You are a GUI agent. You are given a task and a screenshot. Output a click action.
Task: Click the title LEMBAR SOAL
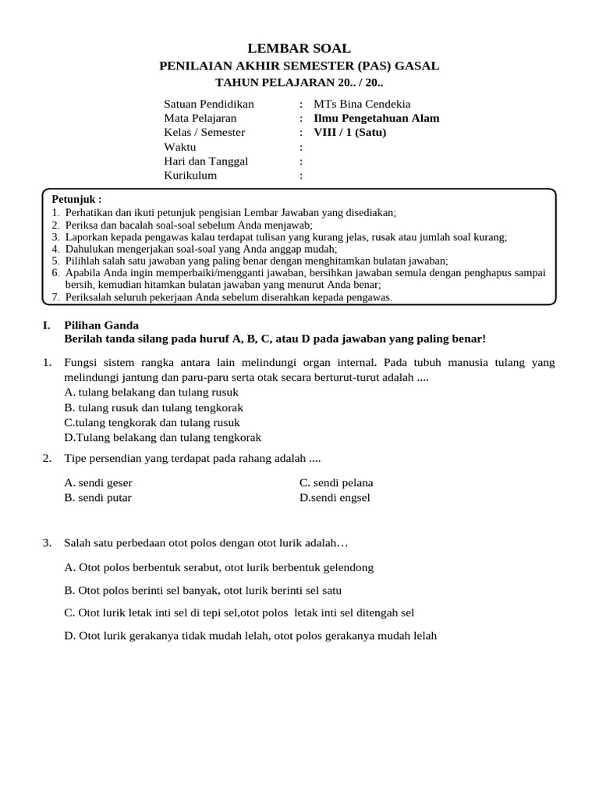tap(299, 48)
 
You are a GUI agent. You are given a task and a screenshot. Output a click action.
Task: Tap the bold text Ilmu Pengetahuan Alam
tap(376, 118)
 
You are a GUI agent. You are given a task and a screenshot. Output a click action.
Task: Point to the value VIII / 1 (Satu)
tap(349, 132)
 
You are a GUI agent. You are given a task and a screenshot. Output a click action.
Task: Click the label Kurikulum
tap(190, 176)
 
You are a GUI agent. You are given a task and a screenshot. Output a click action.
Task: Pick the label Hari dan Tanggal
tap(206, 161)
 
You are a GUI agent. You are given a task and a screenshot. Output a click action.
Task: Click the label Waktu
tap(180, 147)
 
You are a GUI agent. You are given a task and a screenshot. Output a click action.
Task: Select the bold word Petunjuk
tap(76, 200)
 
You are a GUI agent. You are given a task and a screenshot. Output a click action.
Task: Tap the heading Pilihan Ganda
tap(101, 325)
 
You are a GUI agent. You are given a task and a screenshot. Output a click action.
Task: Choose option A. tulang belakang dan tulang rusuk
tap(151, 392)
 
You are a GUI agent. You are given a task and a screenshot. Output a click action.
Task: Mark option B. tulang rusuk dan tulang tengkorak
tap(154, 407)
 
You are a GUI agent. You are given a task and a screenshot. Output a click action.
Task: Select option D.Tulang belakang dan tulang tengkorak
tap(162, 438)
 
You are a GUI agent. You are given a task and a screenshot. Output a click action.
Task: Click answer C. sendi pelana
tap(336, 483)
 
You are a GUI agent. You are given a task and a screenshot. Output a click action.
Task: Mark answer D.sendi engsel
tap(335, 498)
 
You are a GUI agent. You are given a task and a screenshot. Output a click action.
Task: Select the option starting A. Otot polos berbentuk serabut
tap(219, 567)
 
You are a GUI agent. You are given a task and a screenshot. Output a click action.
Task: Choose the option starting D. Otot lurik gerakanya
tap(250, 636)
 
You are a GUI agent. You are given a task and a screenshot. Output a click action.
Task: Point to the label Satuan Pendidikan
tap(209, 104)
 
